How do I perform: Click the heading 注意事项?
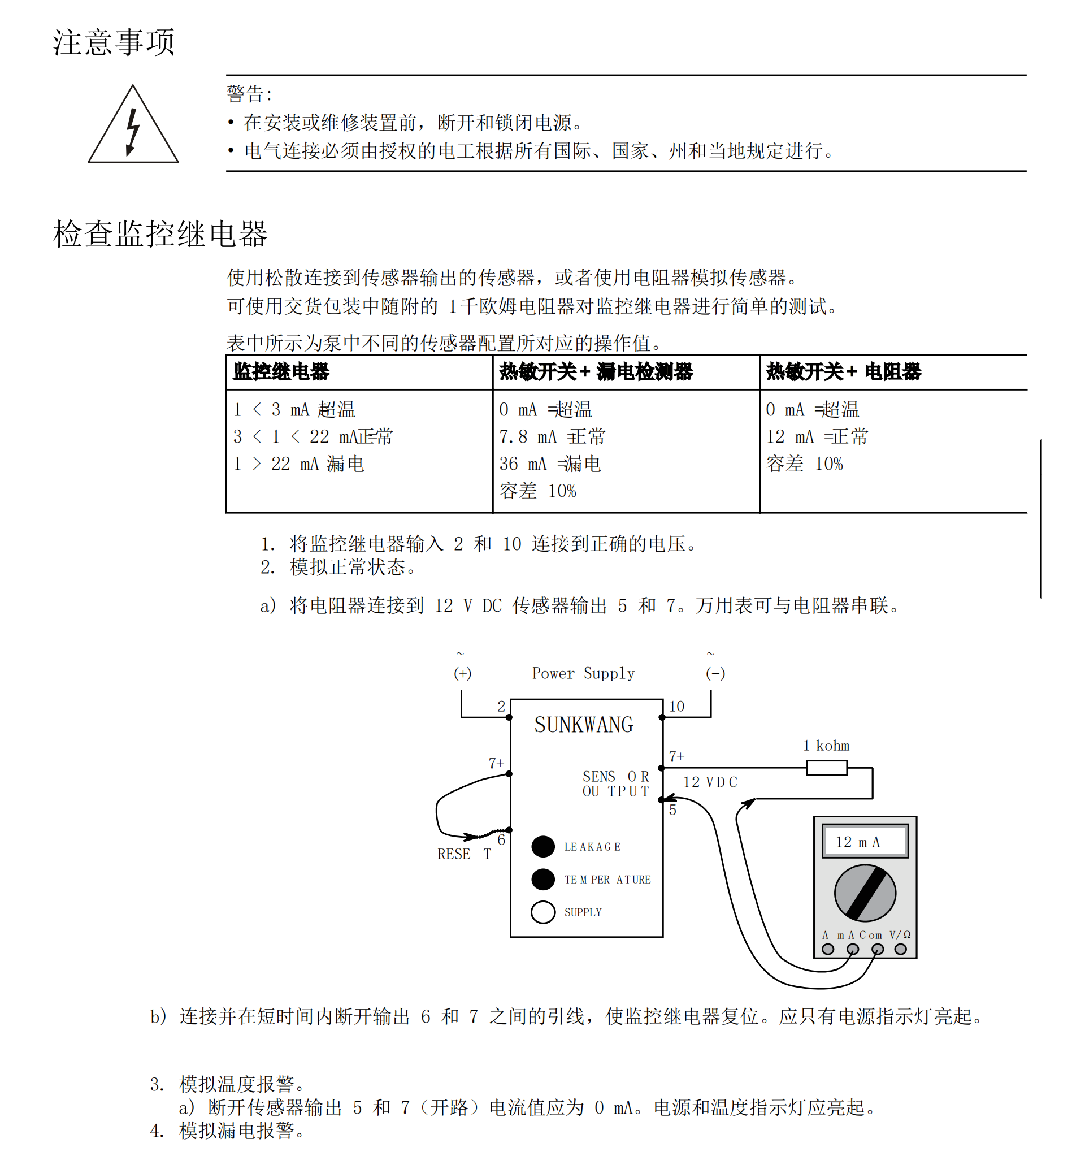click(x=114, y=42)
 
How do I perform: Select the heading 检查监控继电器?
click(x=160, y=234)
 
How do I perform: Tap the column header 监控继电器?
click(x=281, y=371)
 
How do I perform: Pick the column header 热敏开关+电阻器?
click(x=843, y=371)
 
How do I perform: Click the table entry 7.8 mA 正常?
click(x=552, y=437)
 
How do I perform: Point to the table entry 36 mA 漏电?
click(x=549, y=464)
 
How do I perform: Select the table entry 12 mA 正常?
click(x=817, y=437)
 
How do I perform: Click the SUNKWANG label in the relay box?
click(x=584, y=725)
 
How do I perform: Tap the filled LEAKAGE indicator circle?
click(x=543, y=847)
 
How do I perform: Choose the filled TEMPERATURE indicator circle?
click(x=543, y=879)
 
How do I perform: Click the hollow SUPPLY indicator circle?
click(x=543, y=912)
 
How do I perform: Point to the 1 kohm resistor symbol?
click(x=826, y=768)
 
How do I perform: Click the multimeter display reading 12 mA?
click(x=865, y=841)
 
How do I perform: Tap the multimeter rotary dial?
click(x=865, y=893)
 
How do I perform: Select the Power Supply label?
click(x=583, y=673)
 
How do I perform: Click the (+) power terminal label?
click(x=462, y=673)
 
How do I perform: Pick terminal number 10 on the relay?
click(x=676, y=707)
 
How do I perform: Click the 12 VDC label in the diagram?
click(x=710, y=783)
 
